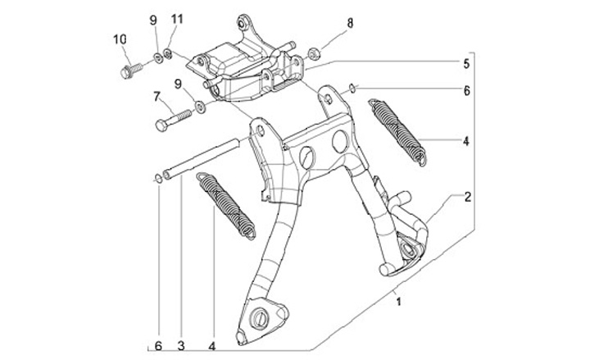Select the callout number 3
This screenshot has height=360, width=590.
coord(180,345)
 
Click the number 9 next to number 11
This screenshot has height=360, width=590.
coord(152,18)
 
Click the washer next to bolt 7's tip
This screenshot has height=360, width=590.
coord(199,105)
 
